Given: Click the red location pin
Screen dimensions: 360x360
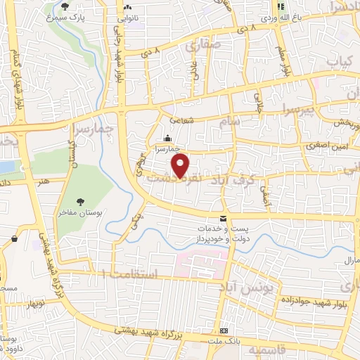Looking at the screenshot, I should (x=181, y=165).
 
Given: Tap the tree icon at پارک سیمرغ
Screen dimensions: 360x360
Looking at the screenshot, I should (x=65, y=6).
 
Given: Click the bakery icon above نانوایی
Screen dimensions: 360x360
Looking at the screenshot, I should (x=129, y=6).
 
